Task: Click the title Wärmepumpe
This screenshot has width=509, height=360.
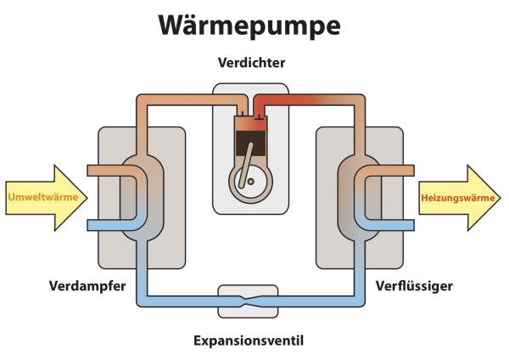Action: point(249,25)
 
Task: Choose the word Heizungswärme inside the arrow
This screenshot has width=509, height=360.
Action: point(456,197)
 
